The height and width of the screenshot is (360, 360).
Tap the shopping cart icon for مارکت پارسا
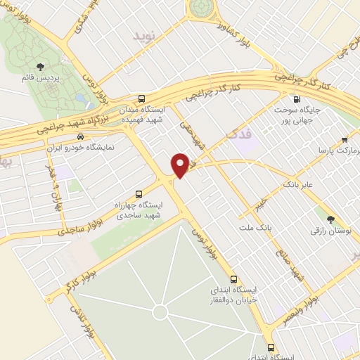(x=344, y=139)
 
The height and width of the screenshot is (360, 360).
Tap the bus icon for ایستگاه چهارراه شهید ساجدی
(x=138, y=192)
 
